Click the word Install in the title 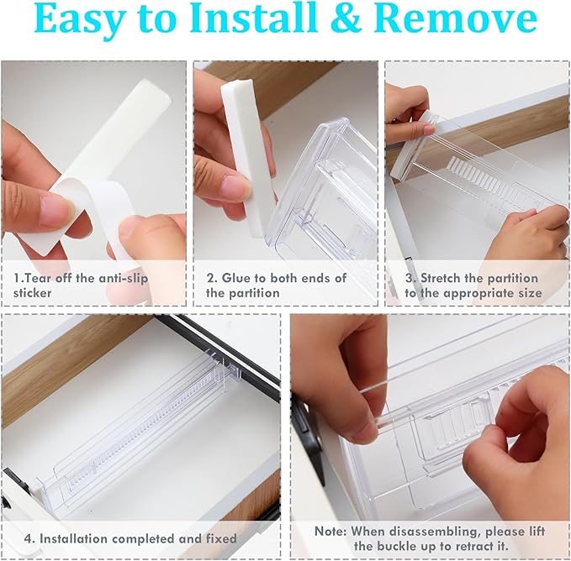pos(253,18)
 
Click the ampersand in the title pos(346,18)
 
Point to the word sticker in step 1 pos(33,293)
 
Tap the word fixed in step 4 pos(221,538)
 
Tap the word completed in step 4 pos(145,539)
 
